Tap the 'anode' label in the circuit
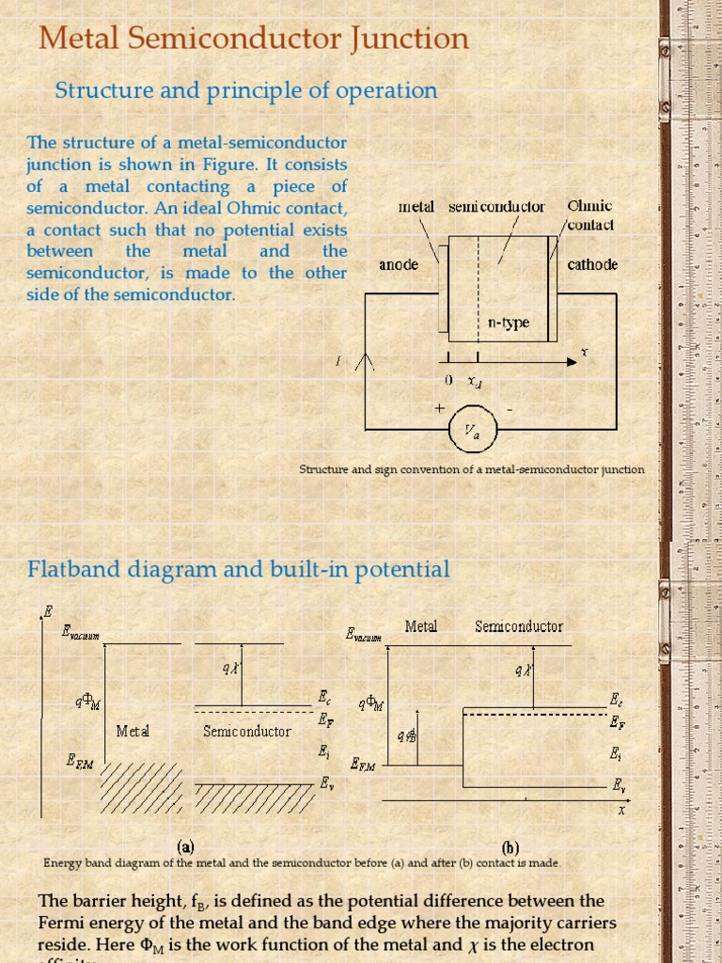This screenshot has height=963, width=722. (399, 265)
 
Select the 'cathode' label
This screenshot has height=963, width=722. (592, 264)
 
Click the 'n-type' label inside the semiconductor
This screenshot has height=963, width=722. (508, 323)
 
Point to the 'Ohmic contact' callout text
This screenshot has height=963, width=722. (590, 215)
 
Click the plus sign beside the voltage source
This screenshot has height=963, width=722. (439, 409)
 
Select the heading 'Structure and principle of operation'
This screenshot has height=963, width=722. (246, 90)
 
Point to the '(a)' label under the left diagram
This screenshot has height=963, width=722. (185, 845)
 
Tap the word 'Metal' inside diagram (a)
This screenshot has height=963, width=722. (133, 730)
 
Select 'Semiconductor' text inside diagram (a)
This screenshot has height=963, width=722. (247, 730)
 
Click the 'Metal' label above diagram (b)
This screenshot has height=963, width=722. (420, 626)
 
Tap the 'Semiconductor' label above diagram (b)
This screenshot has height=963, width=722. (519, 626)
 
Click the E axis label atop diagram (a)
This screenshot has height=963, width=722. (50, 611)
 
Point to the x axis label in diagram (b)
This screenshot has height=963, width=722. (621, 810)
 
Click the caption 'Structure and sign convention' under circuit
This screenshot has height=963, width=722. (471, 469)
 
